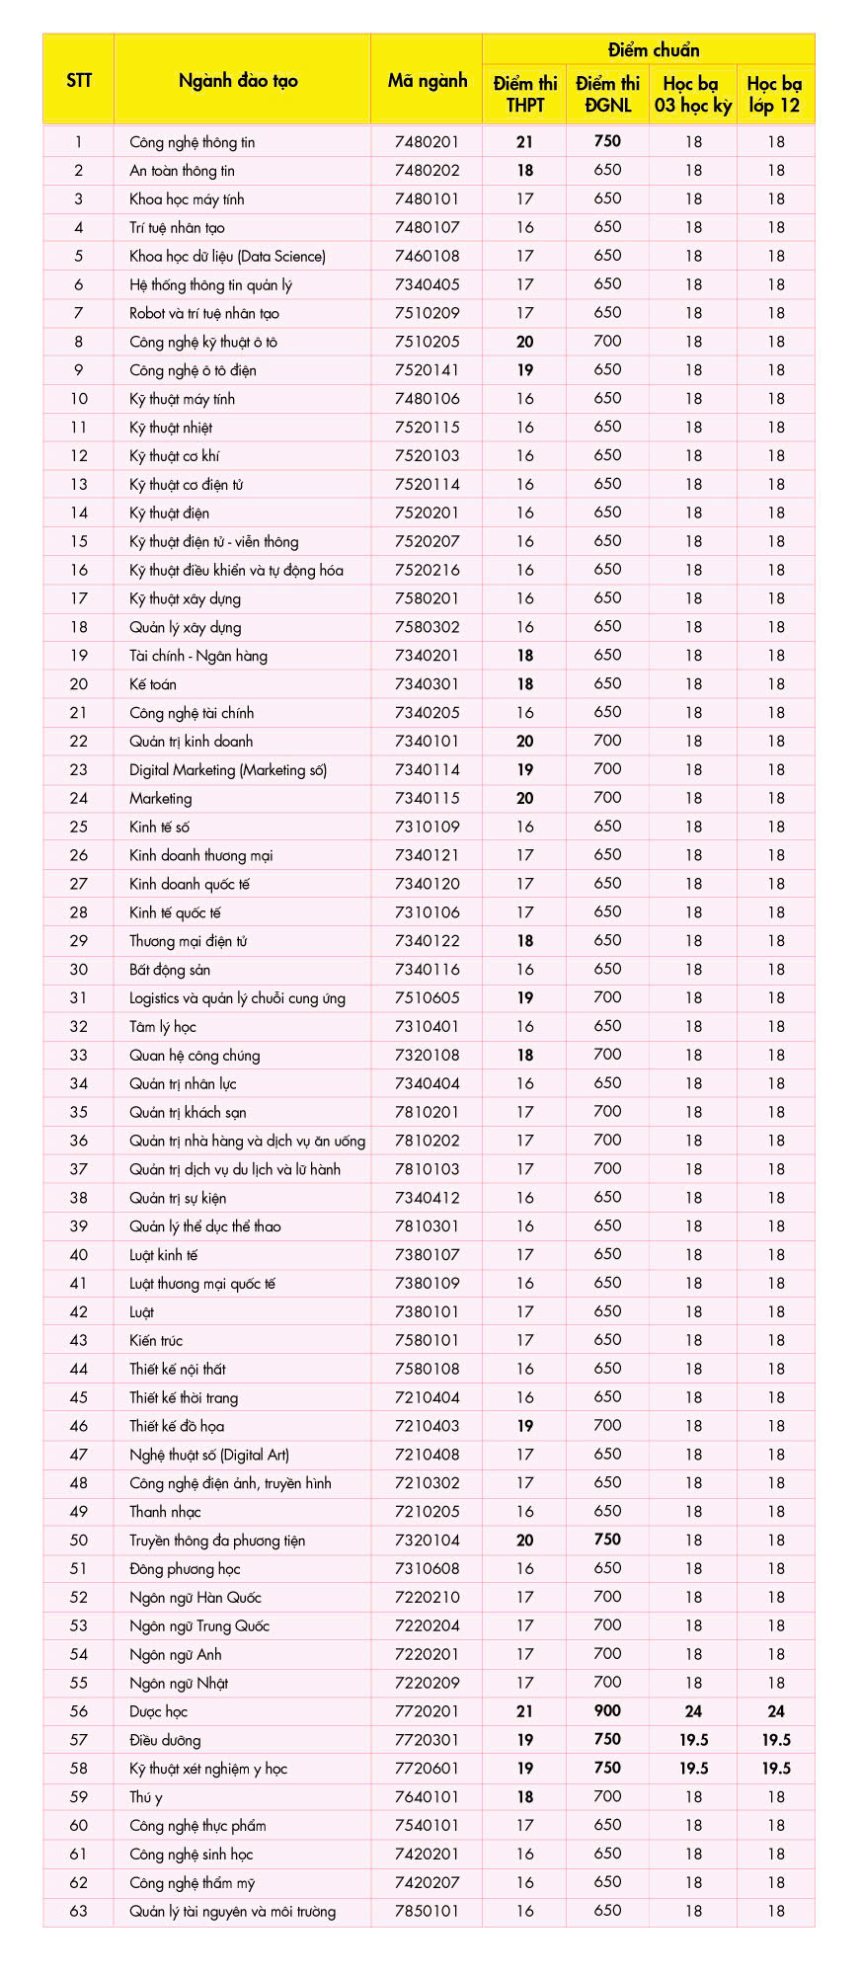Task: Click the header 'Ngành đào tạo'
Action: click(238, 81)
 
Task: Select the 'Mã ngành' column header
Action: click(427, 81)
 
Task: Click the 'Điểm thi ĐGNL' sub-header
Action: click(607, 95)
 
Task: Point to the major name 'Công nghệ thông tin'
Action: click(192, 142)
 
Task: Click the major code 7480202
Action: click(427, 171)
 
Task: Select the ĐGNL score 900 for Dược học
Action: click(607, 1711)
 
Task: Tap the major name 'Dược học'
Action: click(158, 1711)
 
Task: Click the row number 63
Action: click(79, 1911)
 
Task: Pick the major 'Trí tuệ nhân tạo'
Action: click(177, 228)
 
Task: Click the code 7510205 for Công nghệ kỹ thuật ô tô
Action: click(427, 342)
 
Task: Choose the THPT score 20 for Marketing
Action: click(524, 799)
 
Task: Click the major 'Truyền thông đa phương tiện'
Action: click(217, 1540)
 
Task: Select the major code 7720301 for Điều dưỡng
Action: click(427, 1740)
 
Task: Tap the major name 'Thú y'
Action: click(145, 1797)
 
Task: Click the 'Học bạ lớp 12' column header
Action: click(775, 95)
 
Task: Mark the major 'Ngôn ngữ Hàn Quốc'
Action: click(195, 1598)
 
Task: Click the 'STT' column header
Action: click(79, 81)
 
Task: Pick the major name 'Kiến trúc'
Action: click(156, 1341)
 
